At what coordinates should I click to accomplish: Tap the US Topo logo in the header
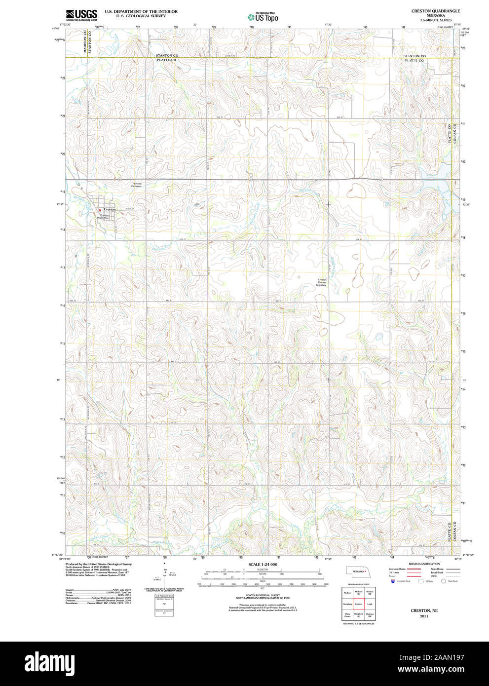click(x=263, y=17)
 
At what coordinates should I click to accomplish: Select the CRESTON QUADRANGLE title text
click(x=435, y=11)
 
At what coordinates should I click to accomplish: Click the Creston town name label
click(x=110, y=209)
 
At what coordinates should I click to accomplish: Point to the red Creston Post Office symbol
click(x=100, y=210)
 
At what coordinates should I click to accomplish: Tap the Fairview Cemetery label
click(x=137, y=185)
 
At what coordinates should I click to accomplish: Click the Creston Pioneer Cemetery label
click(x=321, y=282)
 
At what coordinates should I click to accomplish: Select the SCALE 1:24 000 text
click(x=263, y=564)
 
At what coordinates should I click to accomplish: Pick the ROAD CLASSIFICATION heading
click(x=424, y=564)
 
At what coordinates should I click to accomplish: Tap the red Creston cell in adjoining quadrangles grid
click(x=359, y=604)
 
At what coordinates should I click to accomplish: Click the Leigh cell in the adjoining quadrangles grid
click(x=370, y=604)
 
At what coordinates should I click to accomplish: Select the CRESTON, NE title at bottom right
click(x=424, y=610)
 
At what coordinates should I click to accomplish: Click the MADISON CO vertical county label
click(x=85, y=41)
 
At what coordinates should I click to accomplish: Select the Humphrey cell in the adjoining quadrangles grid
click(x=347, y=604)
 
